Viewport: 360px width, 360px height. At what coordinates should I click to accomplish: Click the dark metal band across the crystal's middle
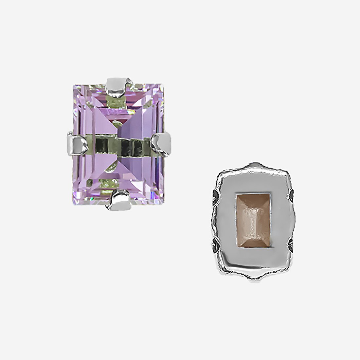point(118,143)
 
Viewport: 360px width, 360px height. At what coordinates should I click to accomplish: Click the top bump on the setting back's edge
point(254,165)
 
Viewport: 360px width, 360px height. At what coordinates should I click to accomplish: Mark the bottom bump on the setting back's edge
point(254,280)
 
